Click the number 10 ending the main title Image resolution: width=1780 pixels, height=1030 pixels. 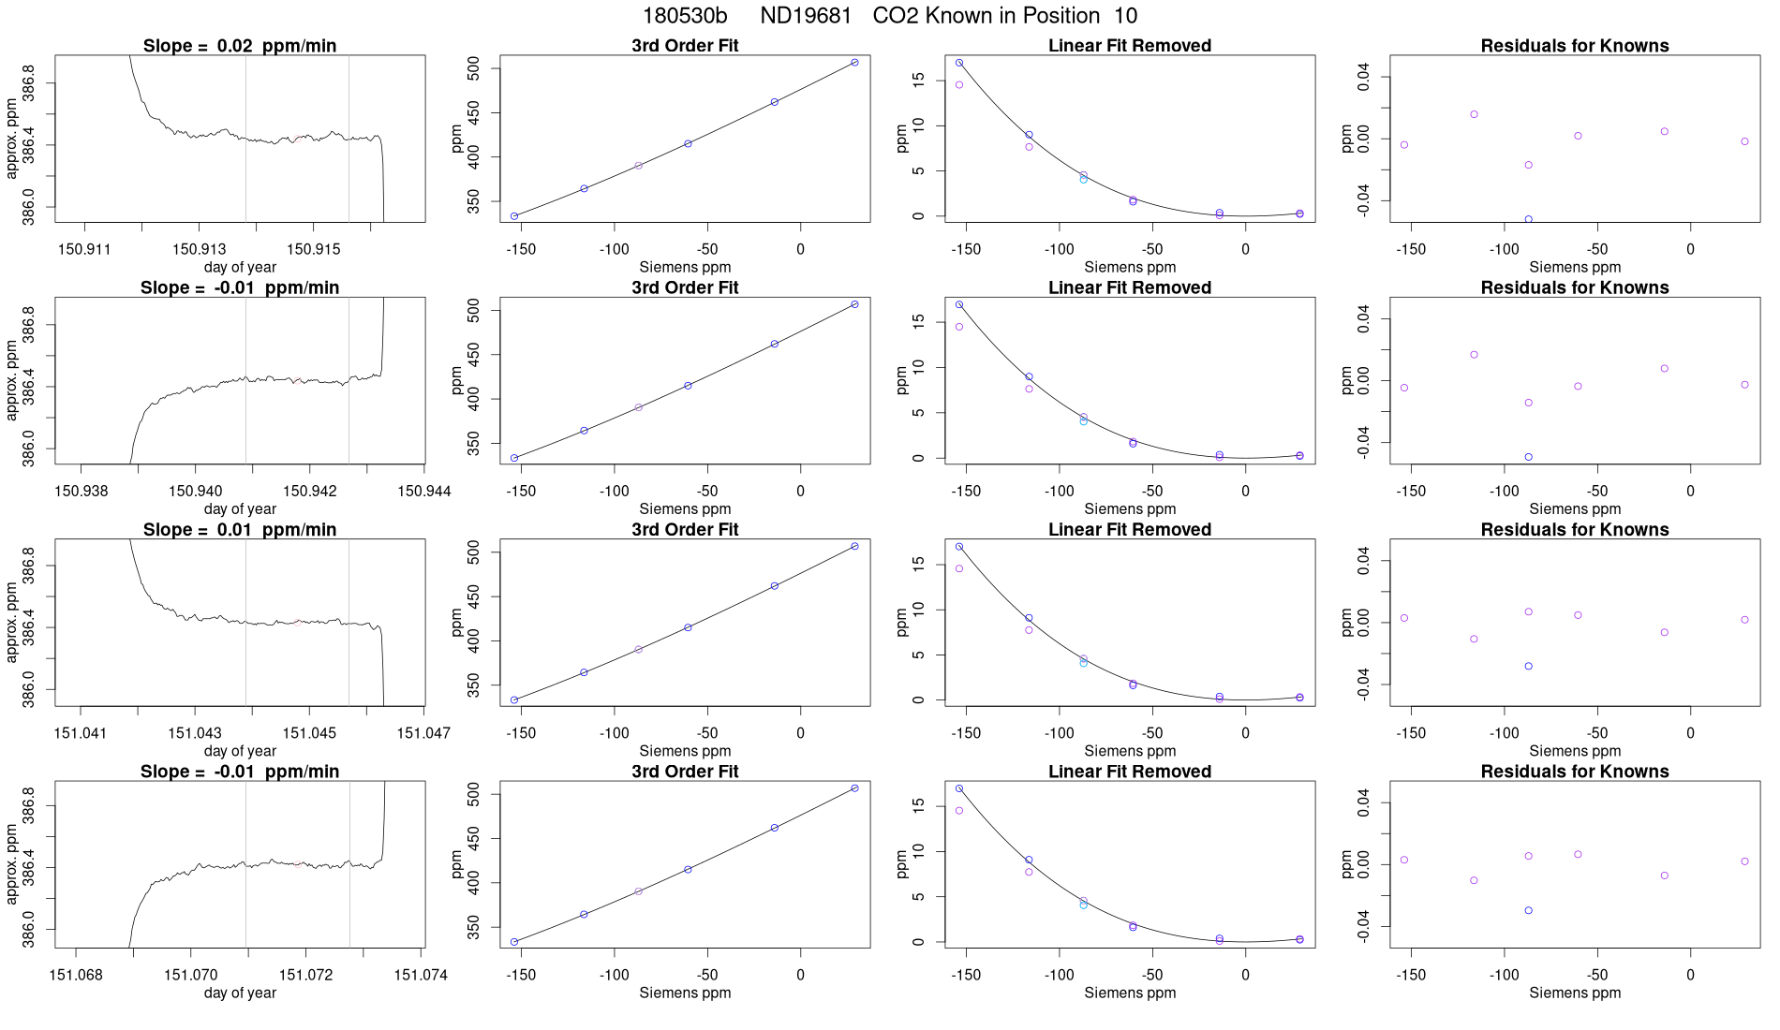coord(1125,16)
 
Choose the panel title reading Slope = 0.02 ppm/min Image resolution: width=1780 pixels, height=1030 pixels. coord(240,46)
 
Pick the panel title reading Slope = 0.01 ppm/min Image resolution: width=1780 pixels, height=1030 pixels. coord(240,530)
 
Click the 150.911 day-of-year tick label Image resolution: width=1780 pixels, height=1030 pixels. coord(84,249)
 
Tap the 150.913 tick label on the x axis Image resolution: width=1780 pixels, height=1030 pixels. coord(199,249)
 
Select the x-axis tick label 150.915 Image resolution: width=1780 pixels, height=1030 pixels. coord(313,249)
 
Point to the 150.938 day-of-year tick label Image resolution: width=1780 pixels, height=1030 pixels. coord(81,491)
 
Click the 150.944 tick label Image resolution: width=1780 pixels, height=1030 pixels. coord(423,491)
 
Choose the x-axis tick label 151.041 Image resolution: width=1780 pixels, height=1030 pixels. coord(81,733)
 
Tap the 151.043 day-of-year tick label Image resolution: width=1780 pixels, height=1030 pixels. coord(195,733)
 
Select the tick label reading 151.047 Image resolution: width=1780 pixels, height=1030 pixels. coord(423,733)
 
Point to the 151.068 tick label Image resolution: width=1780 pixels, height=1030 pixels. coord(76,975)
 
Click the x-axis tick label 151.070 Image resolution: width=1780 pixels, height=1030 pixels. coord(191,975)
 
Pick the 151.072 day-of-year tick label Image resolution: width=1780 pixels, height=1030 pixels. coord(305,975)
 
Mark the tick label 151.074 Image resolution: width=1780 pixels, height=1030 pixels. coord(421,975)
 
